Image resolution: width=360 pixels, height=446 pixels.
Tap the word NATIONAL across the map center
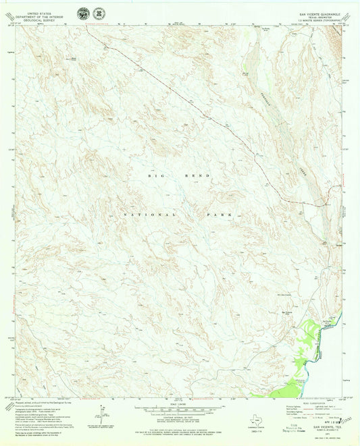click(144, 214)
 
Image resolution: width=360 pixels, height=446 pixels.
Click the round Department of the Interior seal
click(82, 12)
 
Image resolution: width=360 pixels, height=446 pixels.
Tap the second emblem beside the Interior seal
click(97, 12)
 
